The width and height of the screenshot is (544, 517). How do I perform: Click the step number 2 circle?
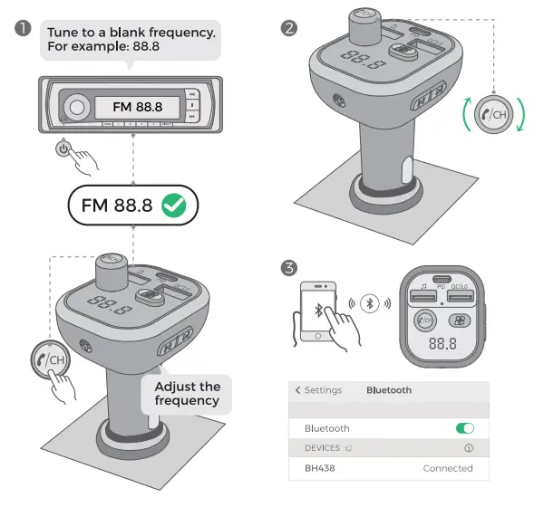coord(289,28)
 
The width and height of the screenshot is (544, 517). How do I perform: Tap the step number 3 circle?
coord(289,269)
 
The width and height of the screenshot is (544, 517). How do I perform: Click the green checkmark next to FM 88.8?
coord(174,205)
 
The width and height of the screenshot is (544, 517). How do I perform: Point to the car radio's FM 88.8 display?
coord(137,107)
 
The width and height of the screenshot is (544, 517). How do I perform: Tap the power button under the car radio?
coord(64,148)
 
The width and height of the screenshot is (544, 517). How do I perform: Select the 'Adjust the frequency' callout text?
coord(188,393)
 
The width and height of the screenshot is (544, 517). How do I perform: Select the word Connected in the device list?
coord(448,468)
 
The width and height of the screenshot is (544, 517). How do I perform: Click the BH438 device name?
coord(320,468)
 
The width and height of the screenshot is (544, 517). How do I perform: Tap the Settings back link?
coord(318,390)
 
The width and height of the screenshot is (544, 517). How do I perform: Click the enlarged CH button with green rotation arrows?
coord(494,116)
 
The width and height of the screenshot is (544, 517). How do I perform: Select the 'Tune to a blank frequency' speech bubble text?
coord(131,39)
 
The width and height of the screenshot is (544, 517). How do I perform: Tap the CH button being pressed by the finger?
coord(53,359)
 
